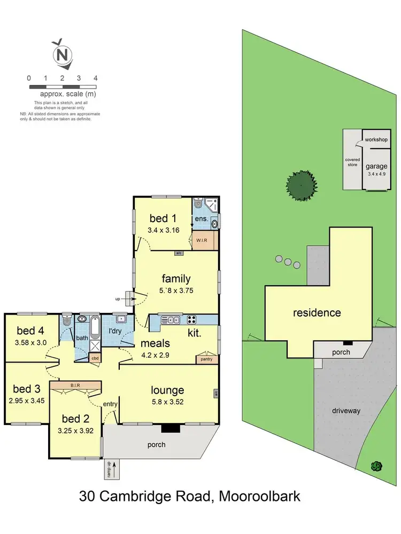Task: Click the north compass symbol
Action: pyautogui.click(x=63, y=54)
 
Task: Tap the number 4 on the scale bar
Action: pyautogui.click(x=95, y=78)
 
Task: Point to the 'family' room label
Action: pyautogui.click(x=176, y=278)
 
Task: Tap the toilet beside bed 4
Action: pyautogui.click(x=66, y=321)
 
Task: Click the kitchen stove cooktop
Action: pyautogui.click(x=191, y=320)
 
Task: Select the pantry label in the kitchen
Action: pyautogui.click(x=206, y=359)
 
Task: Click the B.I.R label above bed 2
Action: pyautogui.click(x=75, y=384)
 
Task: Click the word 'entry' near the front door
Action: pyautogui.click(x=110, y=404)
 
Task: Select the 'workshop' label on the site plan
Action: pyautogui.click(x=376, y=139)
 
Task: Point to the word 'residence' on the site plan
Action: pyautogui.click(x=317, y=312)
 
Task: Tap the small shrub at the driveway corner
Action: pyautogui.click(x=376, y=466)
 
